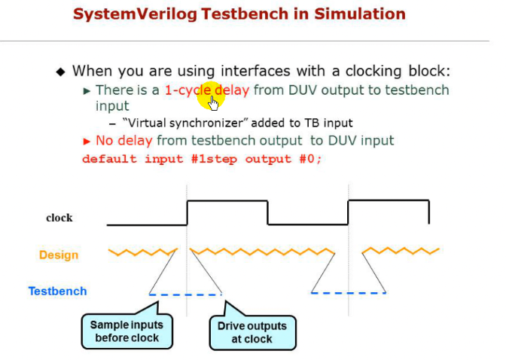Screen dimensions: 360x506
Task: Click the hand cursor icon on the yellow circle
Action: click(214, 102)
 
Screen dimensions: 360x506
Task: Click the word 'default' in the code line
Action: click(109, 159)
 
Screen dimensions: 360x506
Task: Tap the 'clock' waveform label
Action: click(59, 218)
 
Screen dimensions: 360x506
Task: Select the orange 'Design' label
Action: click(59, 255)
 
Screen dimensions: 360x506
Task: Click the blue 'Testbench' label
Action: click(57, 291)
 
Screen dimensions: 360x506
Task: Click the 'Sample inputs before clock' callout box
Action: click(126, 331)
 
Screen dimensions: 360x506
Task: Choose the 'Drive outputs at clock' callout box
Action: click(252, 331)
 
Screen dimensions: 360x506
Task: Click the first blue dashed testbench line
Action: click(185, 294)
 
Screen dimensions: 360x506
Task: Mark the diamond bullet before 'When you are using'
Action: click(62, 72)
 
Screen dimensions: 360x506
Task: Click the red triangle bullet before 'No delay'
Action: click(87, 141)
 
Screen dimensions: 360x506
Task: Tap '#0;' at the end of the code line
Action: click(311, 159)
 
